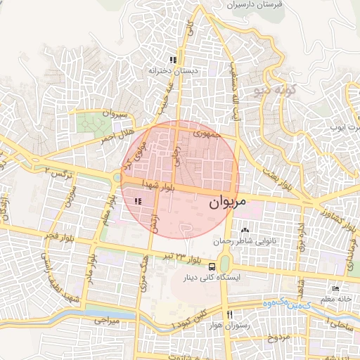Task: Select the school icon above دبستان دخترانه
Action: click(173, 59)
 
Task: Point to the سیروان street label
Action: click(114, 113)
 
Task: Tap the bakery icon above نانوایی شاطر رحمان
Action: click(245, 231)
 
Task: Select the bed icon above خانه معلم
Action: click(335, 289)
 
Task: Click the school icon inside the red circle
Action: click(138, 201)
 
